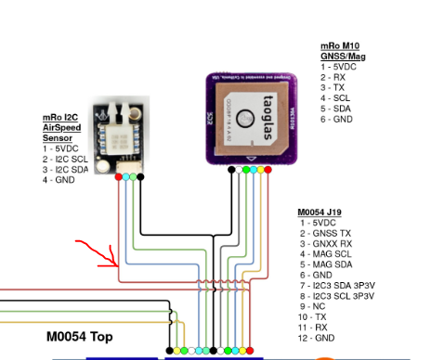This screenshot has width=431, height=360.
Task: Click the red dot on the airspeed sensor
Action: (119, 177)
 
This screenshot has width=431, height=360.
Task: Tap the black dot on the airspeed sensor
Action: (140, 177)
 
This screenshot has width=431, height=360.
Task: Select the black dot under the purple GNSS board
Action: (231, 171)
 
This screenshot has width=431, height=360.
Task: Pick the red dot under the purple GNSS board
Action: (268, 171)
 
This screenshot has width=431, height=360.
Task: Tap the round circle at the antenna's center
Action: (245, 117)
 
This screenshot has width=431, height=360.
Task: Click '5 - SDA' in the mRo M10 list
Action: (336, 108)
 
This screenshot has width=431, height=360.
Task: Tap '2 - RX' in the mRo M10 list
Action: (333, 77)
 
